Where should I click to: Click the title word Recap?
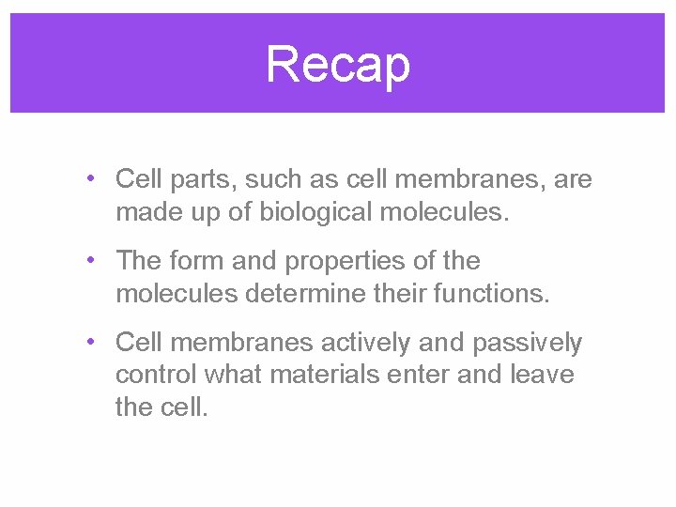pyautogui.click(x=338, y=65)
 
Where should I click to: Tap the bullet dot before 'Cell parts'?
pyautogui.click(x=87, y=177)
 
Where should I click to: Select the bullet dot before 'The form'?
pyautogui.click(x=87, y=258)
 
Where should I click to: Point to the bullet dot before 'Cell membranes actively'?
pyautogui.click(x=87, y=341)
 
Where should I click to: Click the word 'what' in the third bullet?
pyautogui.click(x=233, y=376)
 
